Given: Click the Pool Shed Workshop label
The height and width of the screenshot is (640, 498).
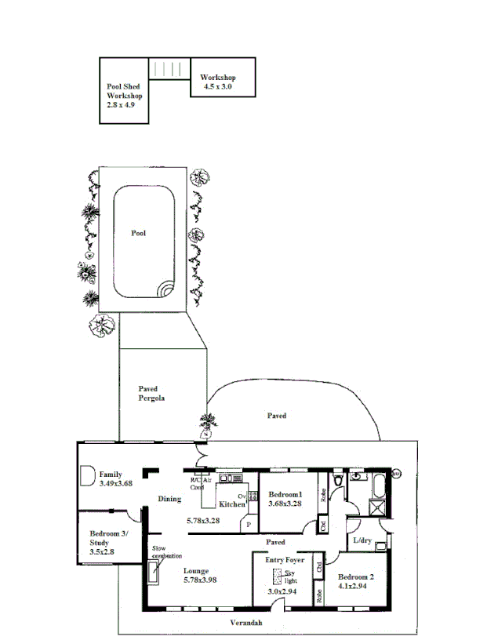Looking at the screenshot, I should [x=124, y=95].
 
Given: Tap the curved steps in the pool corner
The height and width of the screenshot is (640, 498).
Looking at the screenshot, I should [x=165, y=290].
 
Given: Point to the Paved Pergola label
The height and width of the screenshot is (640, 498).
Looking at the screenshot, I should [x=151, y=393].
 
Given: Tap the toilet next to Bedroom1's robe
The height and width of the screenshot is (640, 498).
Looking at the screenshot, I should [x=336, y=478].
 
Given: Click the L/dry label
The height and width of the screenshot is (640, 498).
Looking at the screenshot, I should [x=362, y=540].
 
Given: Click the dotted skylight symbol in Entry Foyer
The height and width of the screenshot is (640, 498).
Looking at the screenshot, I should [x=278, y=576].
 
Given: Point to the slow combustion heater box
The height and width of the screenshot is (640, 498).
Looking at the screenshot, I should [x=155, y=575].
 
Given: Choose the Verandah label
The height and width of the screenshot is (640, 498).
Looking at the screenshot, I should [x=245, y=623].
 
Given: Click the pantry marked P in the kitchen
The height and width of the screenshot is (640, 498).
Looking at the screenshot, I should [x=249, y=524].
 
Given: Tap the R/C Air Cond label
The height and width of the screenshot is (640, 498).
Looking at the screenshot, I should [x=202, y=484].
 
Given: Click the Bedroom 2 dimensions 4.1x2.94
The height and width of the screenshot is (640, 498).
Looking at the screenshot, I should [x=355, y=585].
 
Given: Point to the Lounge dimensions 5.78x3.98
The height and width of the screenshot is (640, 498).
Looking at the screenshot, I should [x=201, y=580].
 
